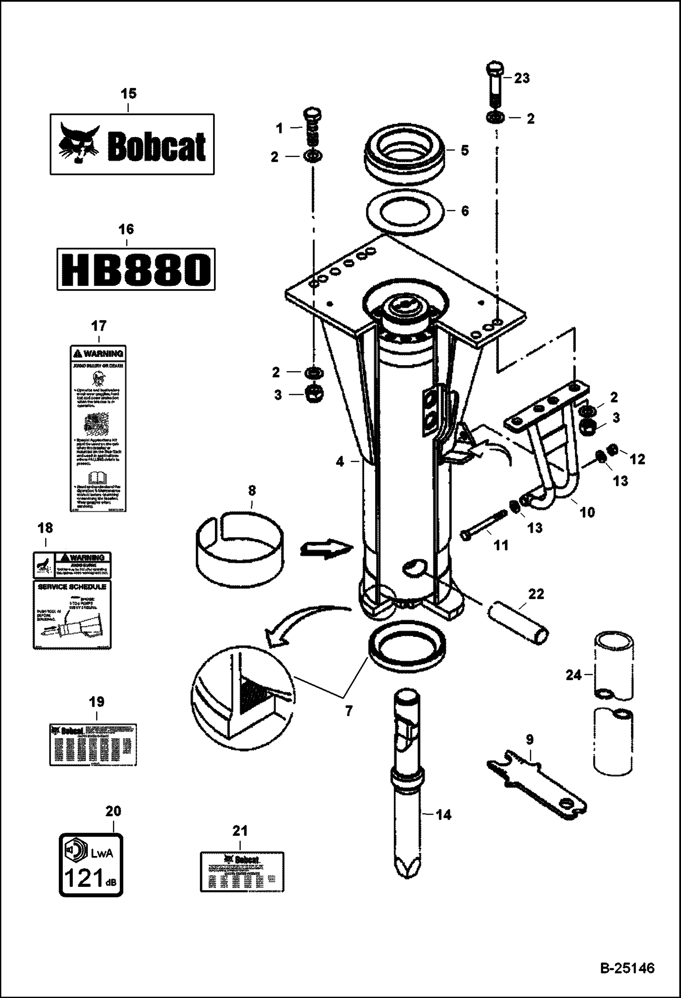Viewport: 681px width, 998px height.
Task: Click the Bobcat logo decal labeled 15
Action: [x=132, y=144]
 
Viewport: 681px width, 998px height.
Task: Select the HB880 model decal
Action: [x=136, y=269]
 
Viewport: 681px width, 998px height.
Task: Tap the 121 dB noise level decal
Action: [x=91, y=865]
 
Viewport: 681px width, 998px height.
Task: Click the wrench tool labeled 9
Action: [x=537, y=785]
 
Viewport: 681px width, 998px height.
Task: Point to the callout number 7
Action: [x=349, y=711]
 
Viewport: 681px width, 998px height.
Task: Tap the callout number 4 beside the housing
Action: [x=340, y=462]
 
